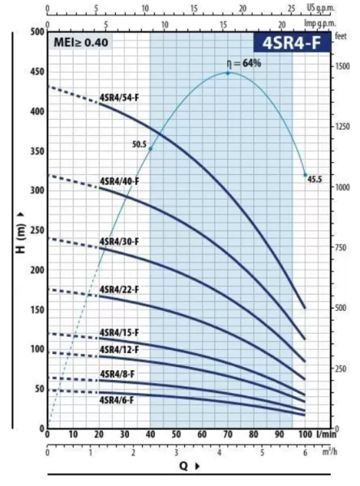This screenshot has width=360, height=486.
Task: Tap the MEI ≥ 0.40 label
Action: [80, 42]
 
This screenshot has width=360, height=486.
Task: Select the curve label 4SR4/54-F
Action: [119, 98]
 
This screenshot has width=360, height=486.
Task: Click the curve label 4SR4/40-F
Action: [119, 181]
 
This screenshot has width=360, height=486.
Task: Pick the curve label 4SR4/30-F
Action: [119, 241]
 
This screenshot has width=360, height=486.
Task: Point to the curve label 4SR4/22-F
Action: [119, 289]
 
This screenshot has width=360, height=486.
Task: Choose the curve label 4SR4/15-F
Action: [119, 333]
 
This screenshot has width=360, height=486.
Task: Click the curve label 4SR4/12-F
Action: [119, 349]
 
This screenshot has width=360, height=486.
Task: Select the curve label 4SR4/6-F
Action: [118, 399]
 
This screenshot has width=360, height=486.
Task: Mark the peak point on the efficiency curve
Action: [228, 73]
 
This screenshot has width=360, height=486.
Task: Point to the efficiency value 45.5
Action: [315, 179]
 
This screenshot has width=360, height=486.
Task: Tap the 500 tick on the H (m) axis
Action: [36, 32]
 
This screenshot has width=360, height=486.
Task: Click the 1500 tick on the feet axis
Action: [342, 66]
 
